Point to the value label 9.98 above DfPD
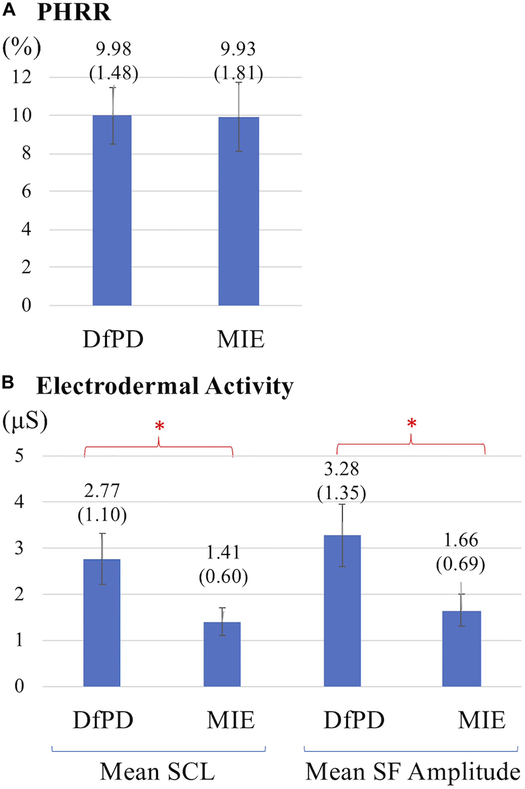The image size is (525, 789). click(x=114, y=50)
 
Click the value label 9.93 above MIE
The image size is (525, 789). click(x=238, y=50)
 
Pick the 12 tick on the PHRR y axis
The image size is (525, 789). click(x=22, y=77)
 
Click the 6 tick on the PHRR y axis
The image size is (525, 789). click(x=26, y=192)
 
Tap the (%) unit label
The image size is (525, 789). click(x=21, y=48)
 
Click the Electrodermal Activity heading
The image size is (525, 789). click(x=164, y=387)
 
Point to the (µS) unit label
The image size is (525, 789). click(x=25, y=422)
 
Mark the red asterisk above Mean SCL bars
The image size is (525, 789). click(x=159, y=426)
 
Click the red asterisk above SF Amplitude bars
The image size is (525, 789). click(x=411, y=423)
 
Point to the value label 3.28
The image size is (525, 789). click(x=341, y=469)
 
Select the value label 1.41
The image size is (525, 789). click(x=223, y=552)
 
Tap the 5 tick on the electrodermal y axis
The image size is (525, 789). click(x=19, y=456)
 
